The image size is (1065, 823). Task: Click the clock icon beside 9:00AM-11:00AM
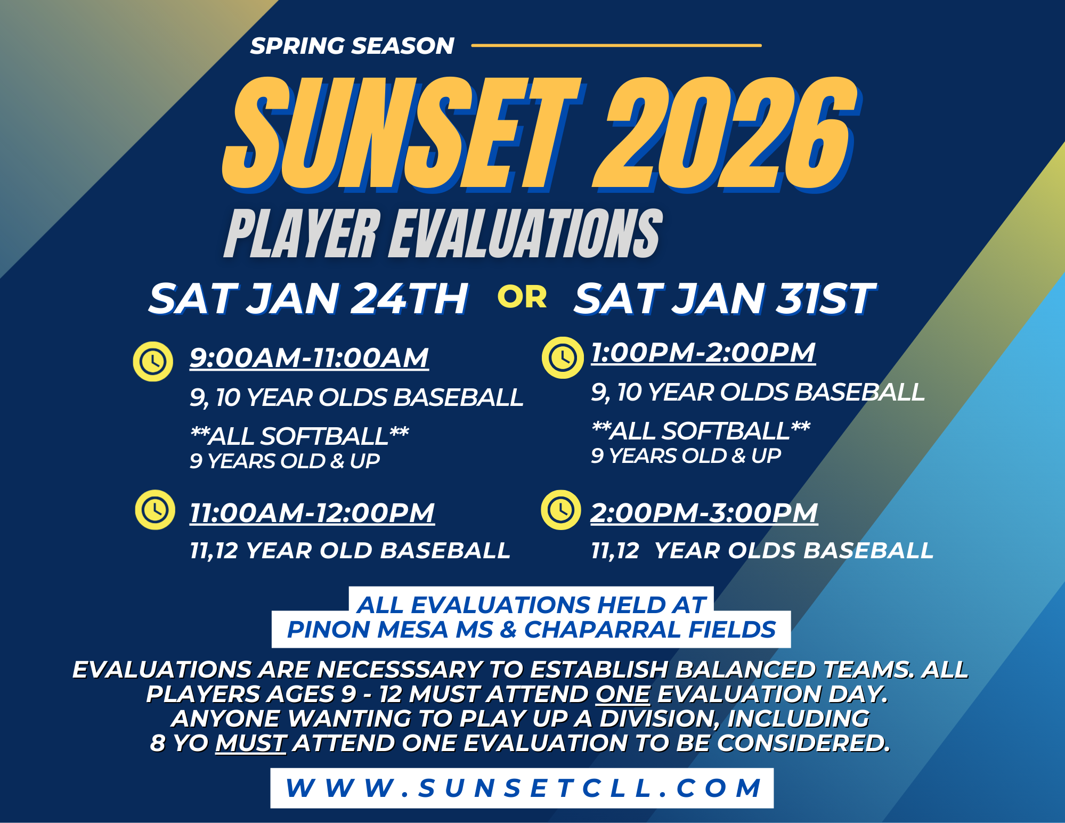(153, 362)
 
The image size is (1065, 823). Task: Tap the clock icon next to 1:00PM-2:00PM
(563, 357)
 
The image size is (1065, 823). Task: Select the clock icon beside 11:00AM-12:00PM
(155, 510)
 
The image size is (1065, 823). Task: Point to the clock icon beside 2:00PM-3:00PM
(561, 510)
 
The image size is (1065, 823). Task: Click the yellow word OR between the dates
(522, 297)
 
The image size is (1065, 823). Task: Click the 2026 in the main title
(725, 133)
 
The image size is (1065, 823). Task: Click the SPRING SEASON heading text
(352, 46)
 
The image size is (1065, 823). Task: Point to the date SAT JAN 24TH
(308, 299)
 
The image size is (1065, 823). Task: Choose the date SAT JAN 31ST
(725, 299)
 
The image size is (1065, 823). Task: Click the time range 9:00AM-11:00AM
(310, 358)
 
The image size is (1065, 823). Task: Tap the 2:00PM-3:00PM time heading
(704, 513)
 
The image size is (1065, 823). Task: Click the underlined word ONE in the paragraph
(623, 694)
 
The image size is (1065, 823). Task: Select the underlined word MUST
(251, 743)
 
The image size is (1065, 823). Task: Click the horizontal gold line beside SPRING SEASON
(616, 46)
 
